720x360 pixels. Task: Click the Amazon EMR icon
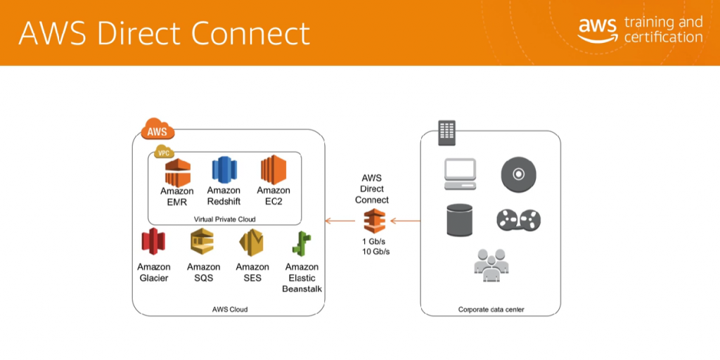point(177,172)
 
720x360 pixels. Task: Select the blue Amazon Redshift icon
point(223,171)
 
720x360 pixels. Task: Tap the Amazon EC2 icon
point(274,171)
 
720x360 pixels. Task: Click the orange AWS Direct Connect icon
point(373,221)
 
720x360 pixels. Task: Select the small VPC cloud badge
point(164,152)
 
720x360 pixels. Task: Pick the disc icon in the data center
point(518,173)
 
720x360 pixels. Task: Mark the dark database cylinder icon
point(461,220)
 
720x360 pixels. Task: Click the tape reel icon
point(518,220)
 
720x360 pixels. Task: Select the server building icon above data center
point(446,132)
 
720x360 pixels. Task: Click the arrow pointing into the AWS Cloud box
point(340,221)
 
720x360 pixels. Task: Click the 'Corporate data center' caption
point(491,309)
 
